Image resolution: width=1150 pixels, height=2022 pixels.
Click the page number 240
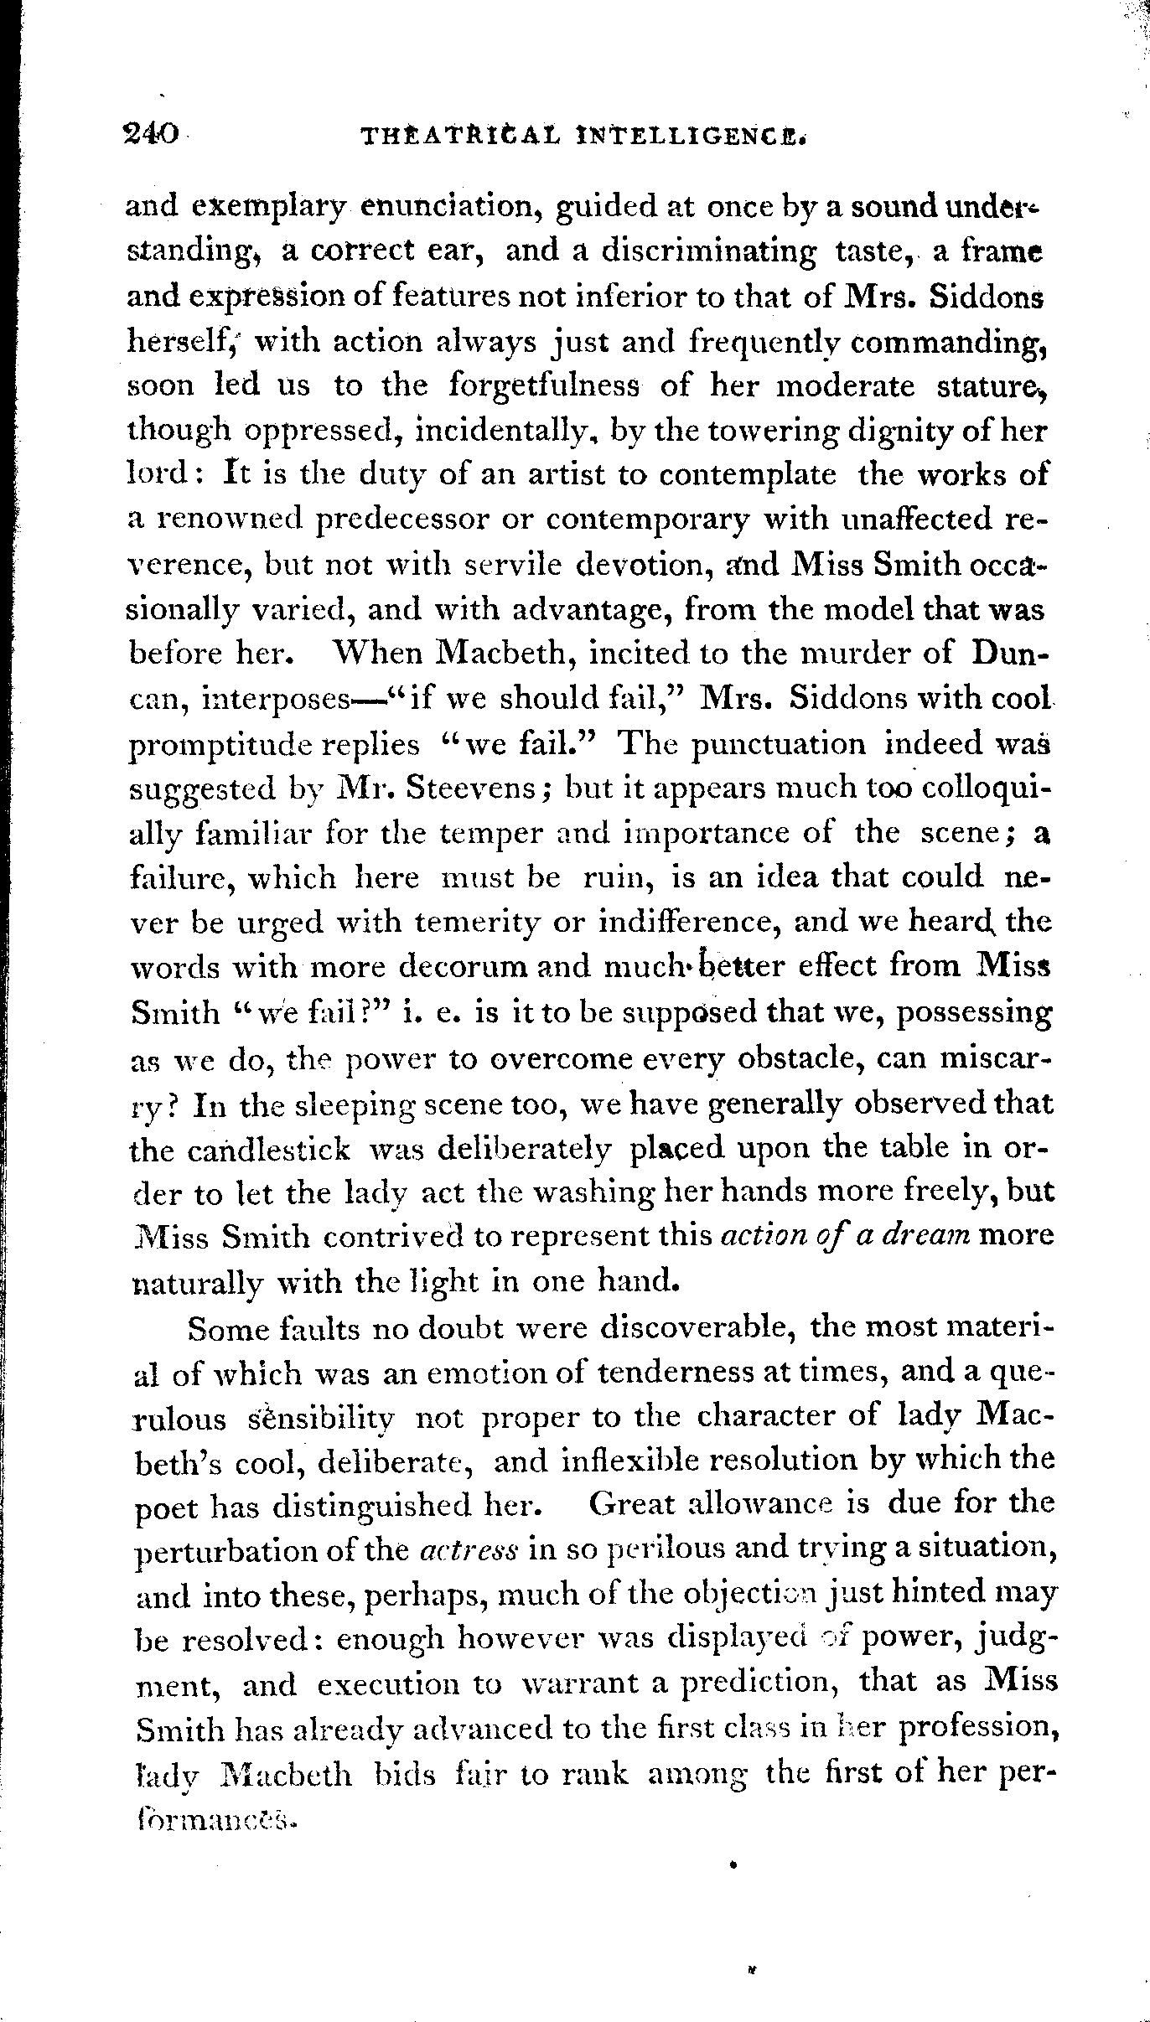pos(152,133)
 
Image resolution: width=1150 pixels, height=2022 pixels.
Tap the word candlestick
pos(241,1148)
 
